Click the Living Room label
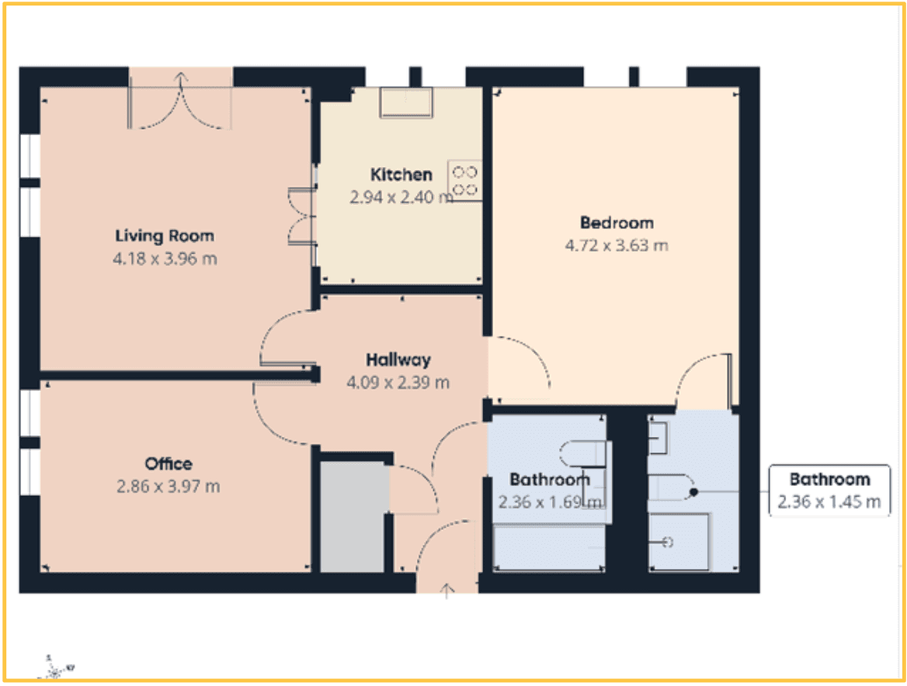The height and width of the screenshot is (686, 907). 165,236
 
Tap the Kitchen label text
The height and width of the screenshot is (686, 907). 401,175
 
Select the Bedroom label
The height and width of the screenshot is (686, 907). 617,223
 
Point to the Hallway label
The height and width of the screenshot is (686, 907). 398,360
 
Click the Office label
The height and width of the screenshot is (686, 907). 169,464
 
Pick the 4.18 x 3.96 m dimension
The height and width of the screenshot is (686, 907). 165,258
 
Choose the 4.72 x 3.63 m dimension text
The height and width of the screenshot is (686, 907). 617,246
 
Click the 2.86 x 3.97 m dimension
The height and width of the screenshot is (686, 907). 169,487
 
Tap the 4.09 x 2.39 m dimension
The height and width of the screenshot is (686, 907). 398,383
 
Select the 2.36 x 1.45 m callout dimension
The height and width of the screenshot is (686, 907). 829,502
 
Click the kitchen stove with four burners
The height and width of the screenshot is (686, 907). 464,181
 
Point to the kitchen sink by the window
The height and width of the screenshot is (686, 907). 407,102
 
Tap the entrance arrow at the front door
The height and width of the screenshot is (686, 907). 447,591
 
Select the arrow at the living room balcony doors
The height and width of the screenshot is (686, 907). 181,79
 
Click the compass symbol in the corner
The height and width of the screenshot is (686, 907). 54,664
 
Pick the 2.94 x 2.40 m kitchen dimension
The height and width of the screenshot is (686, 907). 401,197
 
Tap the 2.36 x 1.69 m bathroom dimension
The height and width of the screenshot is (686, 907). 550,502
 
